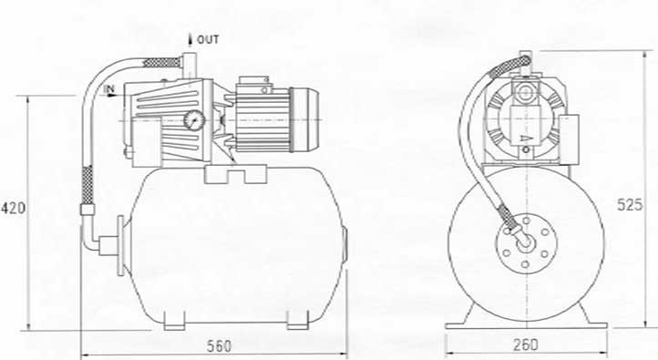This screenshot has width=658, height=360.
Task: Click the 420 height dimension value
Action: pyautogui.click(x=14, y=208)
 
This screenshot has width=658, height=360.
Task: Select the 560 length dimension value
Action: pyautogui.click(x=219, y=346)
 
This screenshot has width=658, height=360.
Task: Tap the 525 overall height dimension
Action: pyautogui.click(x=630, y=204)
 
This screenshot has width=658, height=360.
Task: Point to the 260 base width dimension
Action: pyautogui.click(x=525, y=345)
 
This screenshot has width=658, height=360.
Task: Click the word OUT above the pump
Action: pyautogui.click(x=208, y=39)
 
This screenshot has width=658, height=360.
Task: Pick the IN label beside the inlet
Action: pyautogui.click(x=108, y=89)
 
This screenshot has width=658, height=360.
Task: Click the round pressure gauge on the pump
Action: pyautogui.click(x=194, y=120)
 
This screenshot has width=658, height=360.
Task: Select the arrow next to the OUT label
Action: pyautogui.click(x=190, y=39)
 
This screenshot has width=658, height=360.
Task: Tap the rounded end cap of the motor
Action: pyautogui.click(x=305, y=119)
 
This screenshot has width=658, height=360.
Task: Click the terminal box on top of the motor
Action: pyautogui.click(x=254, y=85)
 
